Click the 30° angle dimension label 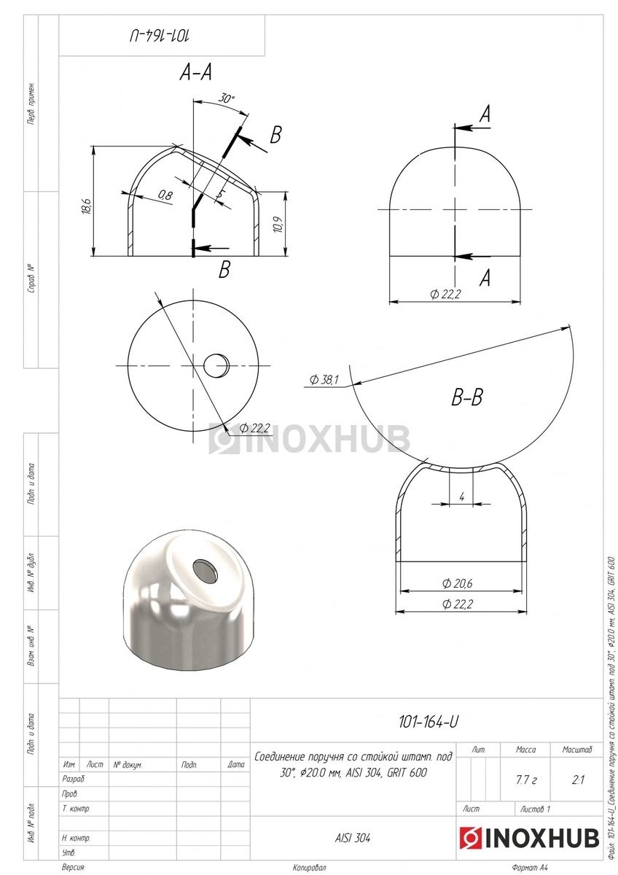pos(227,98)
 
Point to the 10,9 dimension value pos(278,225)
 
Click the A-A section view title pos(195,72)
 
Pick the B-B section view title pos(467,397)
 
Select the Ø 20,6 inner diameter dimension pos(457,583)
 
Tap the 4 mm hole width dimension pos(462,497)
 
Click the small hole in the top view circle pos(216,365)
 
